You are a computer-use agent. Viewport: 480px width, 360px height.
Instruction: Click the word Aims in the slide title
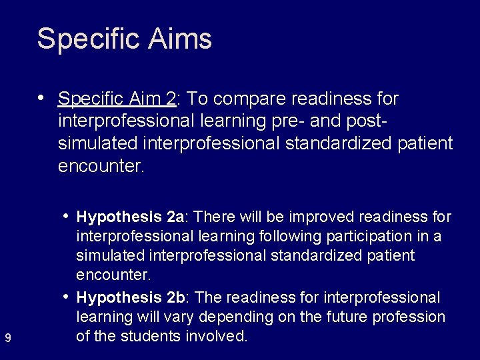(x=181, y=39)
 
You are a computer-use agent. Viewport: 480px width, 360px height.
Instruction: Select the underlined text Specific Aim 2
(x=117, y=99)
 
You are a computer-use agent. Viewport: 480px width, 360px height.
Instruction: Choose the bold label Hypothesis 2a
(x=130, y=217)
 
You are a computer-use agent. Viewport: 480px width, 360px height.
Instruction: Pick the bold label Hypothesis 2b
(x=130, y=296)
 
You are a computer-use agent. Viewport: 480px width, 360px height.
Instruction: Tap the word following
(x=317, y=237)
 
